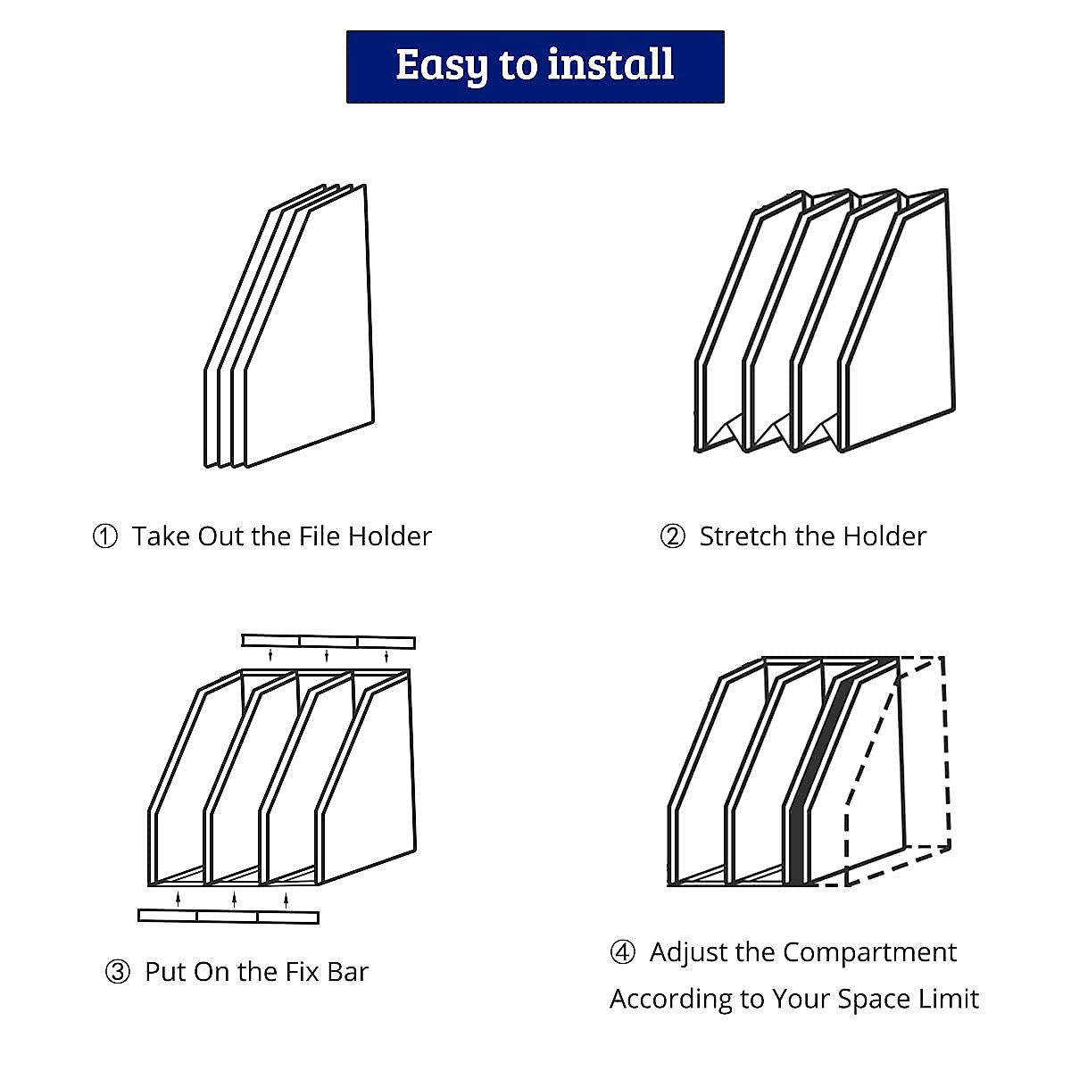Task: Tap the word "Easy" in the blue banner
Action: pos(442,67)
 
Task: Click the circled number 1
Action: pos(105,537)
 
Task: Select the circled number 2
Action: pos(673,537)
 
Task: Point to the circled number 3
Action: pos(117,972)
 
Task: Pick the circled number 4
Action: pos(622,952)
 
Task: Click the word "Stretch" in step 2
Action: pos(743,536)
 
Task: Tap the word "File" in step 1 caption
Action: pos(320,536)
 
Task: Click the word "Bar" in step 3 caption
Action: pos(348,972)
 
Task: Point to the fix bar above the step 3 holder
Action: pos(328,642)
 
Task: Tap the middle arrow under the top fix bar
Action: pos(327,655)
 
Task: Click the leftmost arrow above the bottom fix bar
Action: pos(178,899)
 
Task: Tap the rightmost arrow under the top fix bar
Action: pos(386,656)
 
